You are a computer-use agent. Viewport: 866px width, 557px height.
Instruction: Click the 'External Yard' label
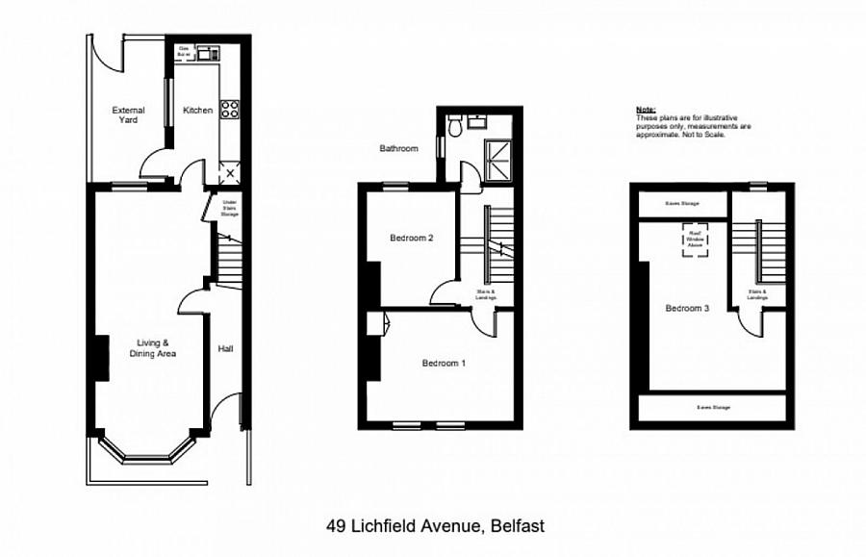(127, 114)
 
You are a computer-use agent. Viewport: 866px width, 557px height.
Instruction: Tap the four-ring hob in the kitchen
(229, 110)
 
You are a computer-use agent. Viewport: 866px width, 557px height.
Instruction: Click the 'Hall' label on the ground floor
(225, 348)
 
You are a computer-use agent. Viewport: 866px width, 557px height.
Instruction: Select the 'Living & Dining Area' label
(154, 348)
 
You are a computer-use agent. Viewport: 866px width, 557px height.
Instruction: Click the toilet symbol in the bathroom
(454, 122)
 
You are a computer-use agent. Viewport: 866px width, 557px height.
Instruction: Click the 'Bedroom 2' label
(409, 238)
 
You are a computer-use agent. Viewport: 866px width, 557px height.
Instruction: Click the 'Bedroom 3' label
(687, 309)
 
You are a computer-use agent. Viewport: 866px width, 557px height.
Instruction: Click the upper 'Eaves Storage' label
(682, 204)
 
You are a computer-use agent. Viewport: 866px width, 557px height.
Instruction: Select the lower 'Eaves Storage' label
(714, 407)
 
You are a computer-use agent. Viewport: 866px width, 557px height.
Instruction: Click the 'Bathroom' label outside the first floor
(398, 149)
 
